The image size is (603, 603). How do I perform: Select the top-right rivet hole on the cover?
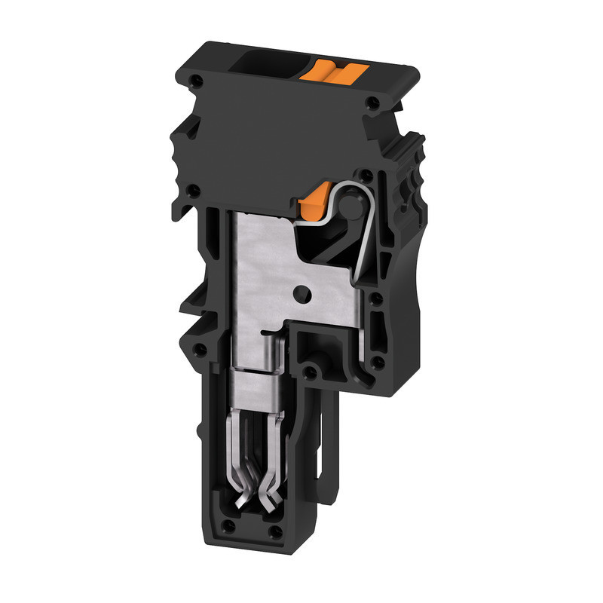pos(371,103)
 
